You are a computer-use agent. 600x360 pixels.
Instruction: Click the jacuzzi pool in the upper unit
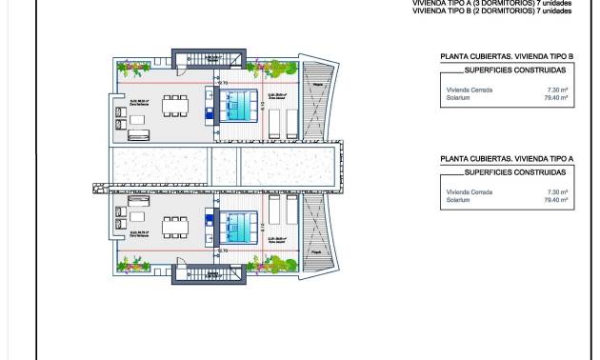click(x=241, y=104)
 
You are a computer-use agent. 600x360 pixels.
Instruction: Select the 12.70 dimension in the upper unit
click(x=222, y=82)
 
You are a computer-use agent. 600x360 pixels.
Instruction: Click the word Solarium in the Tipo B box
click(x=457, y=97)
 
